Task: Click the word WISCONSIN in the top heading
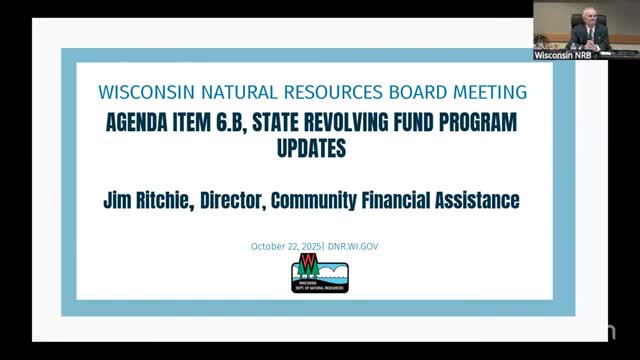click(x=142, y=93)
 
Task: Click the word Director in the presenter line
click(x=267, y=200)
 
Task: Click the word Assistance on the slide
click(x=476, y=200)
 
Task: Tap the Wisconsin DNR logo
click(x=319, y=273)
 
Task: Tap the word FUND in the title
click(x=459, y=124)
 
